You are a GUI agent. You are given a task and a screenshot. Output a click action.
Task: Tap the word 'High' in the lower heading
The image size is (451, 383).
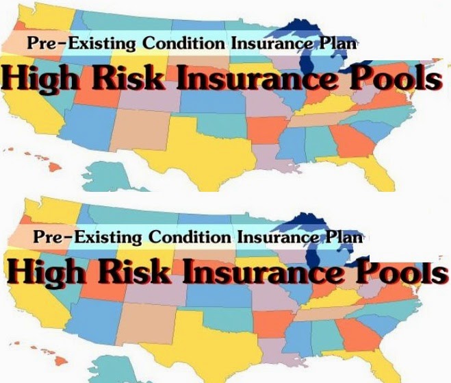point(44,272)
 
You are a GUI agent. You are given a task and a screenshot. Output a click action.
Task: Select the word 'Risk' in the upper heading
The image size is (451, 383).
point(136,79)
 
